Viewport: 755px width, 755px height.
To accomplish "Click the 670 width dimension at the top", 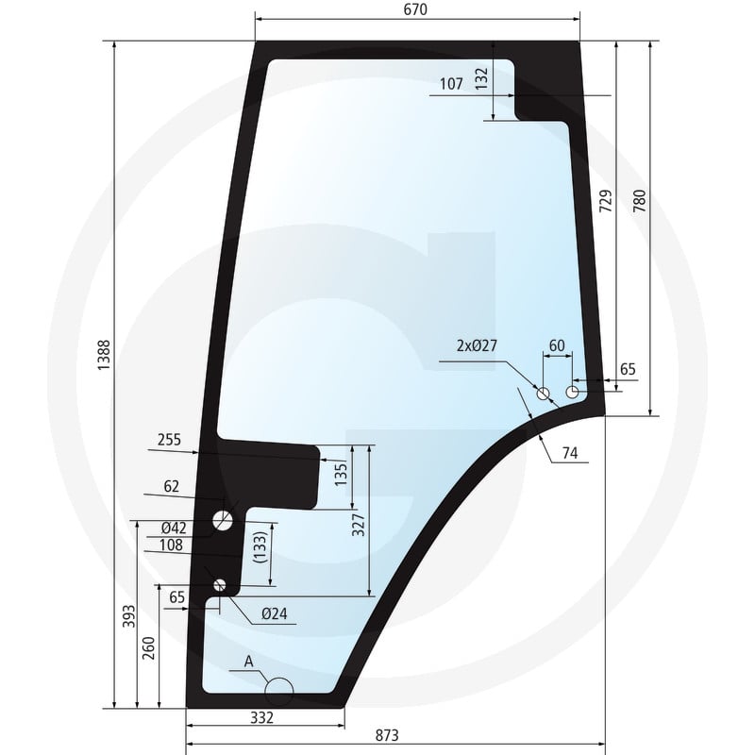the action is click(x=415, y=9).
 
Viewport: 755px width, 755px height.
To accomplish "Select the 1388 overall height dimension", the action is click(x=104, y=355).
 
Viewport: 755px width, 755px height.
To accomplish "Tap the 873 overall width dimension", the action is click(x=387, y=735).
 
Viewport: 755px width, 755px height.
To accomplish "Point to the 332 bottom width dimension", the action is click(x=262, y=717).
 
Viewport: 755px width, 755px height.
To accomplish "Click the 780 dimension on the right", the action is click(x=640, y=202).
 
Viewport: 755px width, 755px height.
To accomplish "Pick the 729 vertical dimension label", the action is click(x=606, y=201).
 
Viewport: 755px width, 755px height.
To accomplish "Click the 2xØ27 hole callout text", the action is click(x=477, y=345).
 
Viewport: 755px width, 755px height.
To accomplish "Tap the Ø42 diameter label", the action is click(x=174, y=528).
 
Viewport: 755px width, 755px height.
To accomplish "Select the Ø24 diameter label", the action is click(x=275, y=613).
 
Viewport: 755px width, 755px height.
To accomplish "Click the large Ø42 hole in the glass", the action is click(x=223, y=520).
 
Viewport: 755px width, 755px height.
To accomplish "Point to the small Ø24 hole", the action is click(x=220, y=585).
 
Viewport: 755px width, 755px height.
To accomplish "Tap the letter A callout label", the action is click(x=248, y=662).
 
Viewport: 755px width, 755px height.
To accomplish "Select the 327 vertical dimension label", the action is click(x=359, y=525).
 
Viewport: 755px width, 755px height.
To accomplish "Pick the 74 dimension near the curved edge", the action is click(x=570, y=453).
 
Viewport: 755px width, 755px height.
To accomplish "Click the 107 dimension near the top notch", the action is click(x=451, y=84).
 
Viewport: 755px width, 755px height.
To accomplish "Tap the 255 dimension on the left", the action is click(x=170, y=440).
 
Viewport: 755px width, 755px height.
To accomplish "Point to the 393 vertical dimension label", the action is click(x=129, y=616).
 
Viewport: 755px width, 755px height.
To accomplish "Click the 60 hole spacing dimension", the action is click(x=557, y=345).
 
